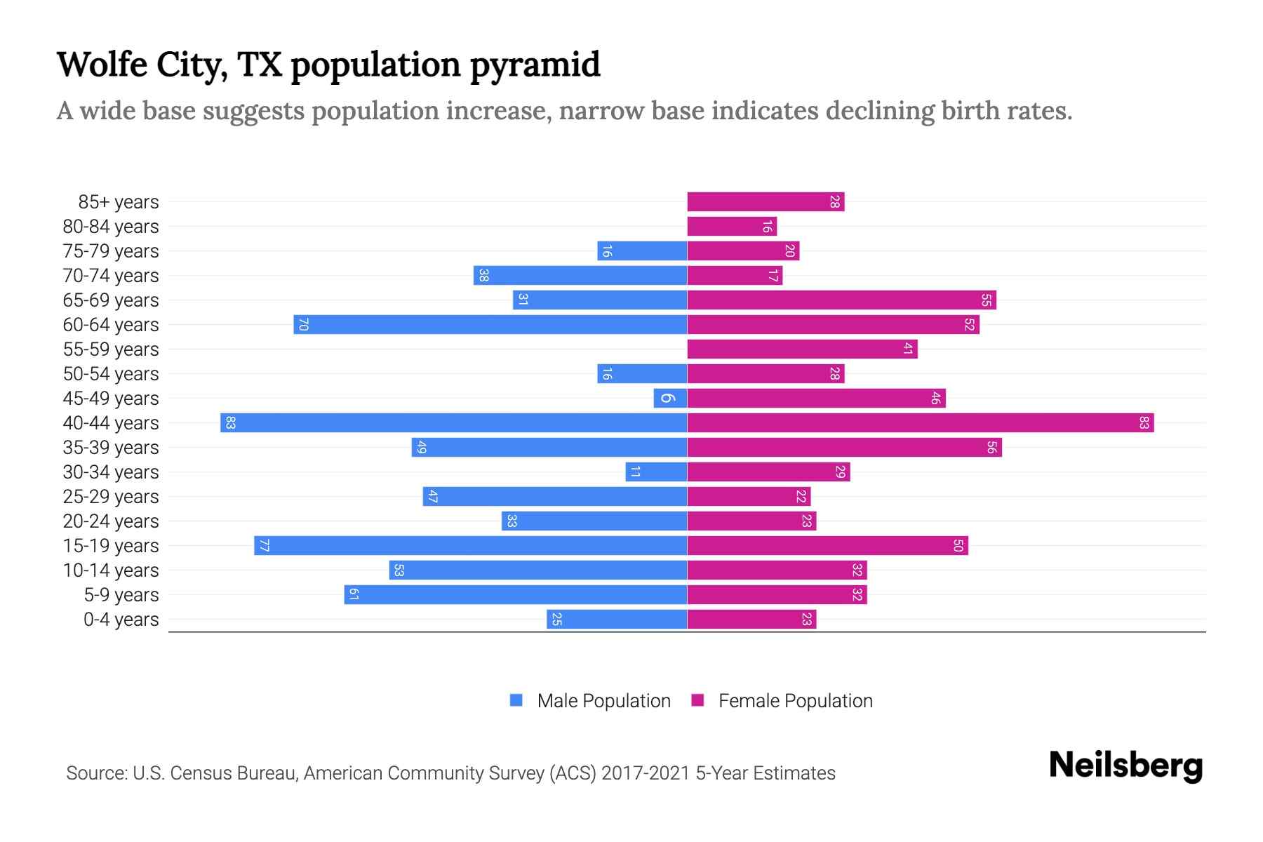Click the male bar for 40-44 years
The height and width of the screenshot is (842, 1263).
453,423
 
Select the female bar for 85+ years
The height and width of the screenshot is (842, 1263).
766,202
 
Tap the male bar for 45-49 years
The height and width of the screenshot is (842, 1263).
670,399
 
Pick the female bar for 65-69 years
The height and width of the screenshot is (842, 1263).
841,300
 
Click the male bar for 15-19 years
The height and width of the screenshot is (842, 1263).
470,546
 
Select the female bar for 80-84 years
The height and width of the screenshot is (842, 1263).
732,227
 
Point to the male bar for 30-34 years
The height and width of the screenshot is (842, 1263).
656,472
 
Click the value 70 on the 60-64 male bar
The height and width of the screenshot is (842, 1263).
303,325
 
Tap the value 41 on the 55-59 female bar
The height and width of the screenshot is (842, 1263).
907,349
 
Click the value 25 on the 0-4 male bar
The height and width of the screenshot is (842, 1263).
556,620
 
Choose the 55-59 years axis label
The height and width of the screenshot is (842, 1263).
111,349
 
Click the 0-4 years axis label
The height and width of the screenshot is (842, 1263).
121,620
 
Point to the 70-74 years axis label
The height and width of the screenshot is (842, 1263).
111,276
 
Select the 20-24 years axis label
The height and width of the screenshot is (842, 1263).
111,521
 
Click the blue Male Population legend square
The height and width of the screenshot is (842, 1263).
516,700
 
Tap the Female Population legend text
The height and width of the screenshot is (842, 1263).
795,701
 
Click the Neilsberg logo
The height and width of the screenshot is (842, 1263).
1125,765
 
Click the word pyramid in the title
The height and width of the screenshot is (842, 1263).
535,65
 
